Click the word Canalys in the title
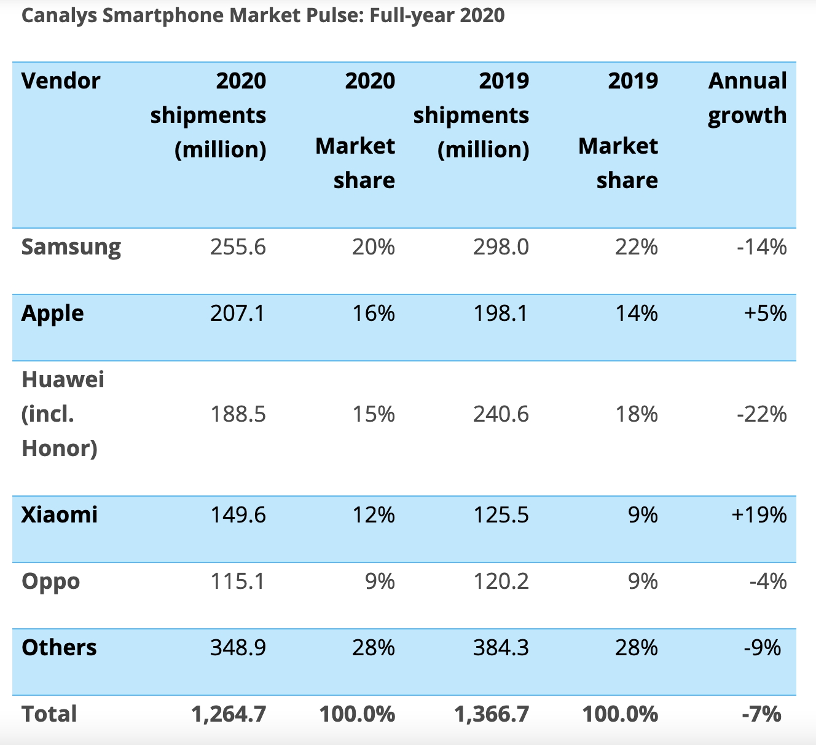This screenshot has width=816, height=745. pyautogui.click(x=60, y=15)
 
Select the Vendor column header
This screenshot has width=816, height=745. pyautogui.click(x=60, y=81)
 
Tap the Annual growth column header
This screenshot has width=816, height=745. pyautogui.click(x=747, y=98)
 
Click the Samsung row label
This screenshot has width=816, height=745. pyautogui.click(x=71, y=247)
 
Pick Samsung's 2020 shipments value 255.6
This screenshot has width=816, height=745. pyautogui.click(x=238, y=247)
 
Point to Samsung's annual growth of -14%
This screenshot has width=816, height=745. pyautogui.click(x=761, y=247)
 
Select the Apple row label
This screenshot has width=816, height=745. pyautogui.click(x=52, y=313)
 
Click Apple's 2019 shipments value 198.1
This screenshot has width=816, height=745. pyautogui.click(x=500, y=313)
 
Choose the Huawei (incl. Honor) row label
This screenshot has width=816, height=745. pyautogui.click(x=62, y=414)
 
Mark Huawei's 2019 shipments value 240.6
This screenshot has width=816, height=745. pyautogui.click(x=500, y=414)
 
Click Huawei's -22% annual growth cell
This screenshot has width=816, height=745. pyautogui.click(x=761, y=414)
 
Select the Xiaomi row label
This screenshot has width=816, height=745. pyautogui.click(x=59, y=514)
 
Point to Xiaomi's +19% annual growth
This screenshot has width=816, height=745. pyautogui.click(x=758, y=514)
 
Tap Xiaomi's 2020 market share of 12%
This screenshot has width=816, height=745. pyautogui.click(x=373, y=514)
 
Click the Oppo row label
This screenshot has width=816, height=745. pyautogui.click(x=50, y=581)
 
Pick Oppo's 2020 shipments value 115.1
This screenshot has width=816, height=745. pyautogui.click(x=238, y=581)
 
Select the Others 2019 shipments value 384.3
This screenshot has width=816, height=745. pyautogui.click(x=500, y=648)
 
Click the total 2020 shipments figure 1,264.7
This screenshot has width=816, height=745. pyautogui.click(x=229, y=714)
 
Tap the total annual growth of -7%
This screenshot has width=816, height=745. pyautogui.click(x=761, y=714)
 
